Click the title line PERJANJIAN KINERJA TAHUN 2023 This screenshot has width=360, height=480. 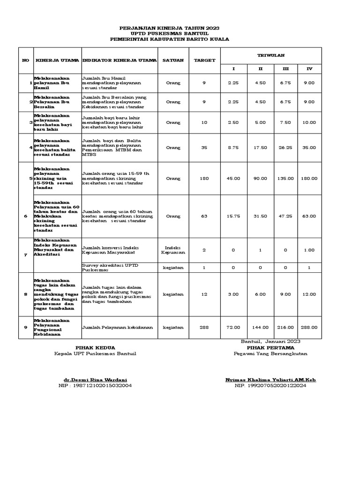[x=169, y=29]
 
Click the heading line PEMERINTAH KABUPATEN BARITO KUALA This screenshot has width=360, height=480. [x=169, y=39]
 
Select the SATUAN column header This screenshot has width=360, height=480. [x=173, y=60]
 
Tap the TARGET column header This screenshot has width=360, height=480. [x=204, y=60]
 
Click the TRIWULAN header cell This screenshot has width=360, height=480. [x=270, y=55]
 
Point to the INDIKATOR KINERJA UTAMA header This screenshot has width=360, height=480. [x=120, y=60]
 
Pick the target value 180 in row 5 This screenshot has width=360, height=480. [x=204, y=178]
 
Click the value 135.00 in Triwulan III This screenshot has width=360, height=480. [x=285, y=178]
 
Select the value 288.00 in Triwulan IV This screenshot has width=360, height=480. [x=309, y=328]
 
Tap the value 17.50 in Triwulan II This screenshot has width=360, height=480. [x=261, y=148]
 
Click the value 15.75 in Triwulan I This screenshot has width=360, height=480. [x=234, y=216]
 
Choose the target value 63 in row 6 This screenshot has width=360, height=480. [x=204, y=216]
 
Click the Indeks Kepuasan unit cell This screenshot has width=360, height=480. [x=173, y=250]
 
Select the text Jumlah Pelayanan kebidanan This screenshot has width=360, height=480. [x=117, y=328]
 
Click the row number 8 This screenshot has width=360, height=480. [x=26, y=294]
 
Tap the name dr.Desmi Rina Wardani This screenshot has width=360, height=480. [x=95, y=379]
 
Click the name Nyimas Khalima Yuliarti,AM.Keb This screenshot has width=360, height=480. [x=270, y=379]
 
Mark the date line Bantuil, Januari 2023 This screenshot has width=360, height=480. [x=270, y=342]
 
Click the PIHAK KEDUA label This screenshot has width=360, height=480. [x=95, y=347]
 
